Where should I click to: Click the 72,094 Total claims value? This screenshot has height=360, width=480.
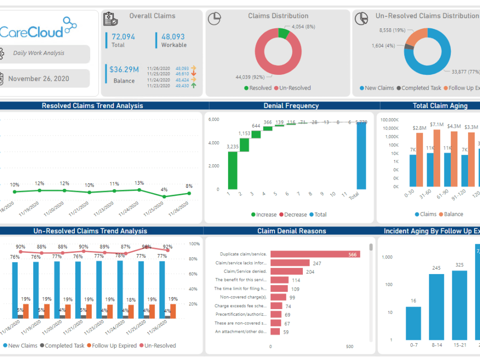coord(123,36)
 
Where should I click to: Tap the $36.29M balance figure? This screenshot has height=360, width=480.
coord(124,70)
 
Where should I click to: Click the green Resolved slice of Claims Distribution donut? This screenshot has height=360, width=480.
coord(283,33)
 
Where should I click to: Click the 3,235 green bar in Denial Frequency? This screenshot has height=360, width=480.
coord(233,170)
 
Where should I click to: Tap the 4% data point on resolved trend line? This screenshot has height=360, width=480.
coord(164,196)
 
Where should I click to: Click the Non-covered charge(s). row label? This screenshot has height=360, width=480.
coord(243,297)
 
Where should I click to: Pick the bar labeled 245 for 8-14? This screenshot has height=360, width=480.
coord(436,307)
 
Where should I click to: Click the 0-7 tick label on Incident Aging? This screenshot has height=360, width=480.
coord(413,345)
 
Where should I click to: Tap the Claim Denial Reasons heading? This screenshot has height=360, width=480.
coord(291,231)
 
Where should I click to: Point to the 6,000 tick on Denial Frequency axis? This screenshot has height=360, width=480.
coord(214,120)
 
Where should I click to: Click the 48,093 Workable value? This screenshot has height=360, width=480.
coord(173,36)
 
